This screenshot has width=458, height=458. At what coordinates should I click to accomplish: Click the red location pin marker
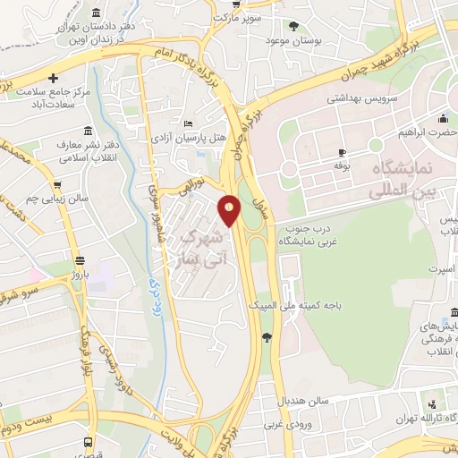(230, 210)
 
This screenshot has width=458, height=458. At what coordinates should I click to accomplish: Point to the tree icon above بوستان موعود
(294, 26)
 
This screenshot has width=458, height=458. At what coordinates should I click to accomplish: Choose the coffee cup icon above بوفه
(340, 152)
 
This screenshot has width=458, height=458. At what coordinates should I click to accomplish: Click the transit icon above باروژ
(82, 262)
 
